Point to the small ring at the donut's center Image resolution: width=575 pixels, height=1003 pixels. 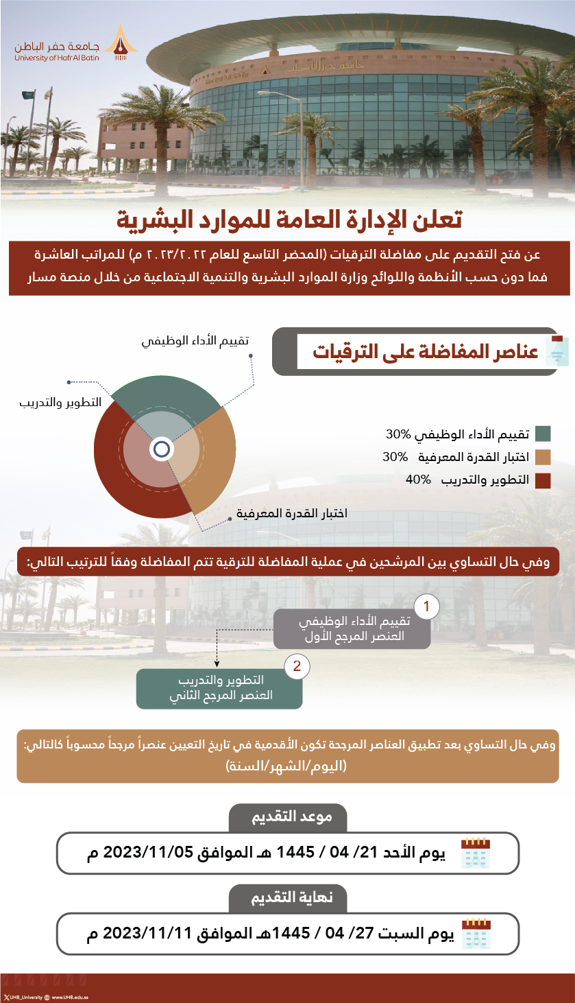coord(162,449)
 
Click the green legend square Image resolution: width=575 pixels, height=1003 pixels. coord(543,434)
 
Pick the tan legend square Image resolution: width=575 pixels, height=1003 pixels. coord(543,457)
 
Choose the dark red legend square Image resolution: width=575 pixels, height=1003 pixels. coord(543,480)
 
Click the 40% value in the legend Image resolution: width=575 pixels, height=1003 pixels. coord(418,480)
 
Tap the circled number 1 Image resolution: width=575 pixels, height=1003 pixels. coord(427,606)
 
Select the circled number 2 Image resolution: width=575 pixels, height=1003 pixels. coord(296,666)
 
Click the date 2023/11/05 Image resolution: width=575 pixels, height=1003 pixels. coord(149,854)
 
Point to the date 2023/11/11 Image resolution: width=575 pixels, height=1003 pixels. coord(149,934)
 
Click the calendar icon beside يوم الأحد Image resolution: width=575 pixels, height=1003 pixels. coord(476,854)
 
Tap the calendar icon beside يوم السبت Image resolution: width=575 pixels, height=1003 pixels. coord(476,934)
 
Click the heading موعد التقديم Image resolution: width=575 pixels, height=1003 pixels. coord(288,817)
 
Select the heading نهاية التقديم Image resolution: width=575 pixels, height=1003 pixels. coord(288,897)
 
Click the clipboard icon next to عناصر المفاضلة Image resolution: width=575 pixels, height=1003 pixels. coord(556,351)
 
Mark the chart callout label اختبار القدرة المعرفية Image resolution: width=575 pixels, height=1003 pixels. coord(292,513)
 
